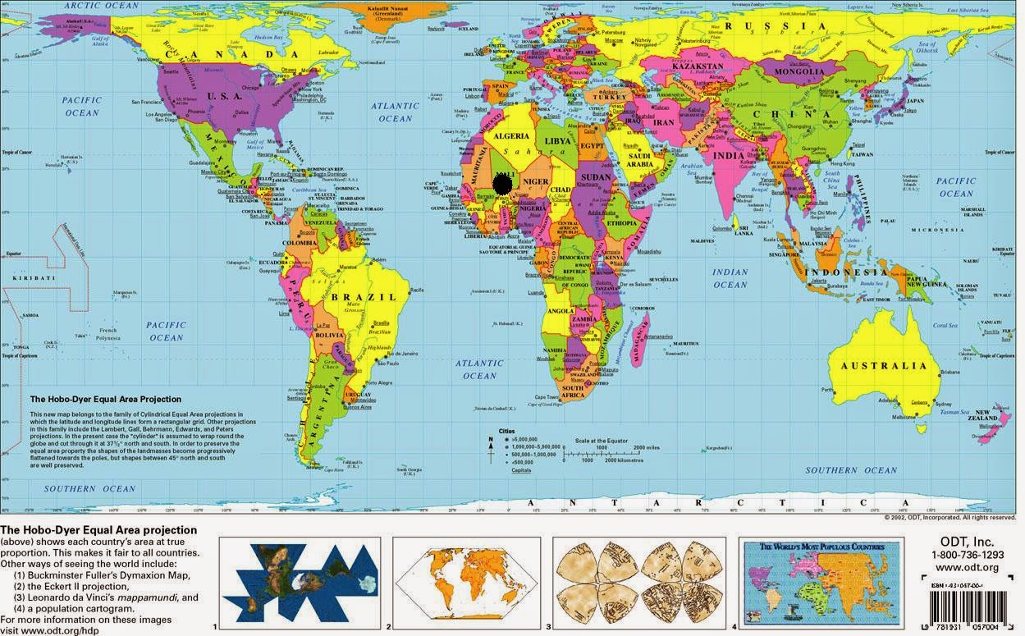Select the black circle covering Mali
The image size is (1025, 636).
coord(506,184)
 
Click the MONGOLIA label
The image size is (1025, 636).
coord(794,72)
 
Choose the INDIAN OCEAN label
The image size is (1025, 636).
coord(730,278)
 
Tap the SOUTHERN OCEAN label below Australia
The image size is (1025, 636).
coord(851,470)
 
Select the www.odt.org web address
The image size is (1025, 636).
coord(967,568)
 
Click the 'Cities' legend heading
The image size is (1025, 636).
coord(506,431)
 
